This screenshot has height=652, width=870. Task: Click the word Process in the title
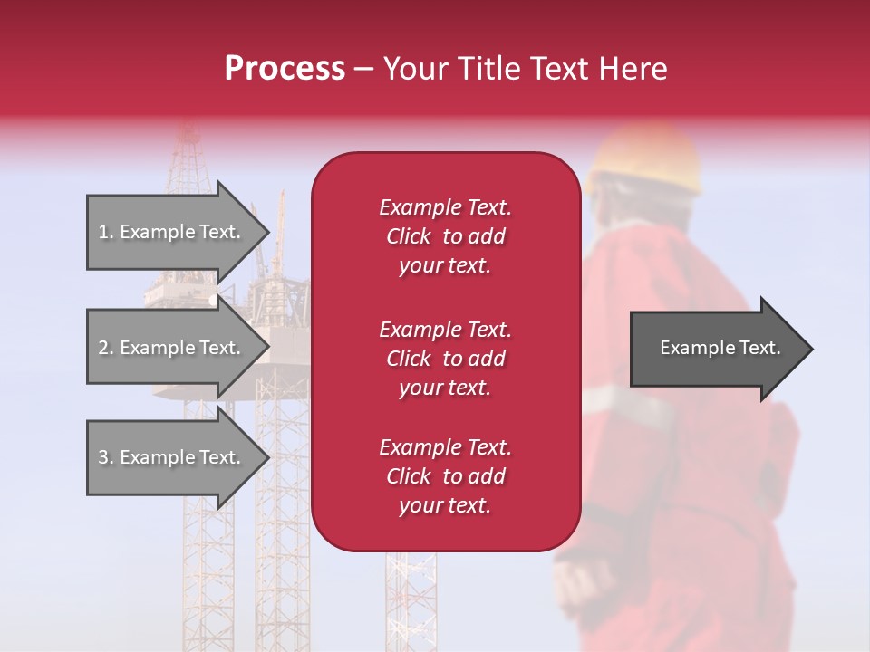tap(285, 69)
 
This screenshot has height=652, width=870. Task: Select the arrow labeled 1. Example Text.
tap(172, 232)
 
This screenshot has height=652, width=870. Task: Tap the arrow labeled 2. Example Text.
tap(172, 348)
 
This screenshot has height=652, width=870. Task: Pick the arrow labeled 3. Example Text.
tap(172, 457)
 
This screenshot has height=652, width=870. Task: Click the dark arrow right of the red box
tap(716, 349)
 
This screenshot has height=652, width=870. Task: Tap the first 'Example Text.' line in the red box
tap(445, 207)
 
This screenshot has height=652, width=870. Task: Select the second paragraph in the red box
tap(445, 359)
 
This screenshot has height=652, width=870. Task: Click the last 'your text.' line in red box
tap(445, 506)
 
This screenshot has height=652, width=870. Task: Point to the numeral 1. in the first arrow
tap(105, 232)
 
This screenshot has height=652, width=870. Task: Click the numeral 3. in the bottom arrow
tap(105, 457)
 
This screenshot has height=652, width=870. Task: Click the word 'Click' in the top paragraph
tap(409, 236)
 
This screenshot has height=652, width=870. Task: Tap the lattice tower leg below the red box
tap(411, 598)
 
